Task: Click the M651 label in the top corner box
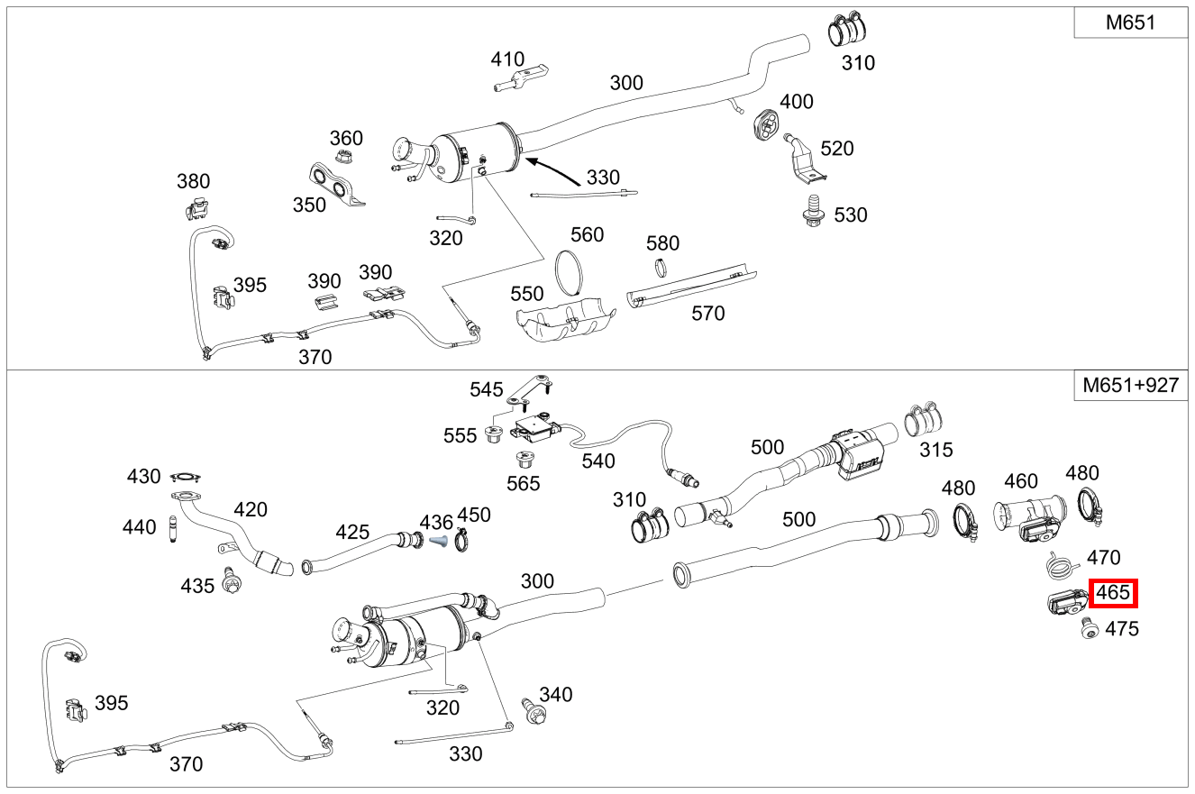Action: coord(1130,23)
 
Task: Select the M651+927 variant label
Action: coord(1130,387)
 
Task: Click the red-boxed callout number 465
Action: coord(1113,594)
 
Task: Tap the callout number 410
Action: coord(507,59)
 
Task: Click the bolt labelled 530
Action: coord(814,209)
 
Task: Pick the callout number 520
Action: coord(836,149)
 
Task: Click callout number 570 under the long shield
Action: coord(707,314)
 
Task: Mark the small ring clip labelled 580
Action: coord(662,268)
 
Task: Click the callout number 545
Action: coord(487,390)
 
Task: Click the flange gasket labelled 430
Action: coord(185,477)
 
